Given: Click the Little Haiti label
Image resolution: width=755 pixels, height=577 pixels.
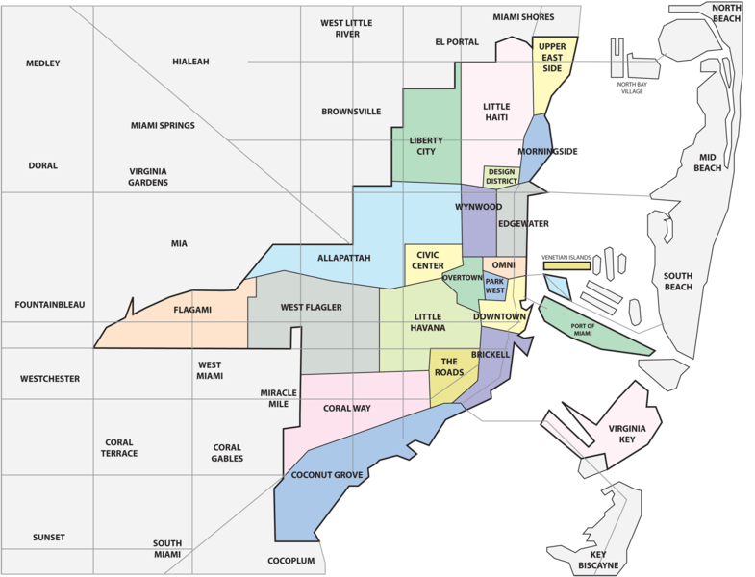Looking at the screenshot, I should click(496, 113).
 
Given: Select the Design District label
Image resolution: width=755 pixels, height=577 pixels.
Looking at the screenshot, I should click(501, 176).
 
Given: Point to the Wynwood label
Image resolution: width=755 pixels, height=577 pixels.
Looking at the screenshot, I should click(478, 207).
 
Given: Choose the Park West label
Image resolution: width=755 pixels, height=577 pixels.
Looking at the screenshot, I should click(495, 285).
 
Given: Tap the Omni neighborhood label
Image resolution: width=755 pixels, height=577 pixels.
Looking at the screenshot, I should click(504, 265).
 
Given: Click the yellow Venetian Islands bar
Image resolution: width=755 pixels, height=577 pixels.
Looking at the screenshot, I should click(566, 265).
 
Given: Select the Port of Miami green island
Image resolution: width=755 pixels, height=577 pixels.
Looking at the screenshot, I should click(596, 327).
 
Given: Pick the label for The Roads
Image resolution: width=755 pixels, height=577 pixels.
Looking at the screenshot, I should click(453, 366).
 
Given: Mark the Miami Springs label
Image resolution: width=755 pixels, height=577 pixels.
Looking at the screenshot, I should click(163, 126).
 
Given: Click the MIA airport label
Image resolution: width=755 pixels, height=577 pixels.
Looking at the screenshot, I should click(179, 243).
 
